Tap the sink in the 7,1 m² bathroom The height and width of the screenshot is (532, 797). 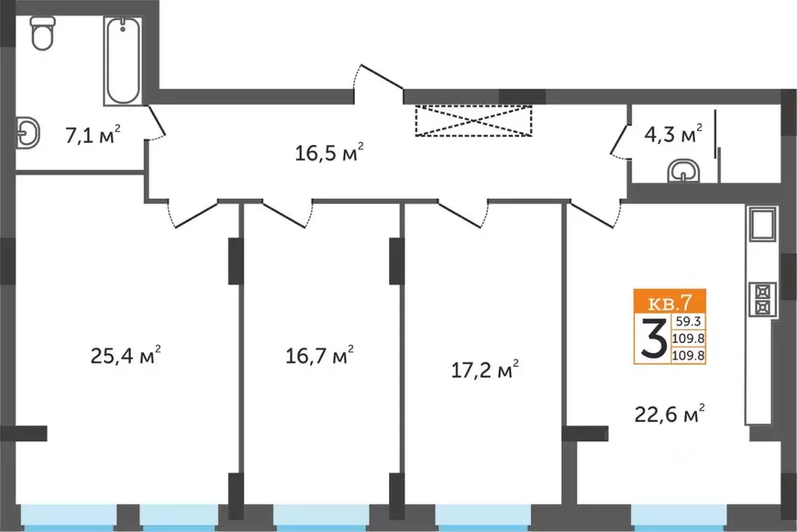point(29,132)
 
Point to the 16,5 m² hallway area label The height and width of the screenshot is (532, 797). point(330,152)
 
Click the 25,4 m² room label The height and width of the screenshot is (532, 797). point(126,357)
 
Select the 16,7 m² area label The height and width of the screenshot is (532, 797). point(319,357)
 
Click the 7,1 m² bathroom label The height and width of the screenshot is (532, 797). point(93,135)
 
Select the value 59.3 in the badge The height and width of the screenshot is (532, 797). point(688,319)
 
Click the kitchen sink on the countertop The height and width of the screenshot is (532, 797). point(762,226)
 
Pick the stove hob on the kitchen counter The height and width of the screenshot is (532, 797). point(762,298)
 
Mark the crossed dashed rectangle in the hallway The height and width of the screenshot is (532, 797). point(473,121)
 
